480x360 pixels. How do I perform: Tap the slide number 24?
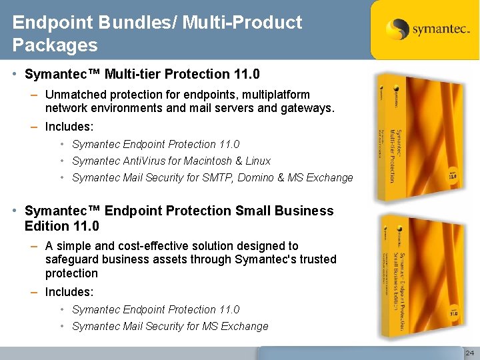469,352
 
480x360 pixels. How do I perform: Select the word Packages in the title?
55,45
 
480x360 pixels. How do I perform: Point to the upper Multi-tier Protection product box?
416,137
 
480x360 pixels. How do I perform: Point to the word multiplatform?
280,95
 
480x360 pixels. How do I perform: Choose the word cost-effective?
142,246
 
